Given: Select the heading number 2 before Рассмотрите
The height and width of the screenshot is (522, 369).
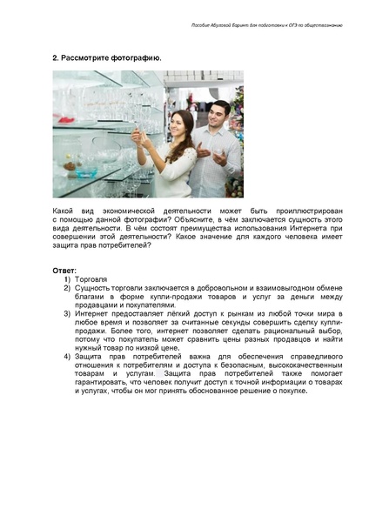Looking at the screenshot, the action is [55, 57].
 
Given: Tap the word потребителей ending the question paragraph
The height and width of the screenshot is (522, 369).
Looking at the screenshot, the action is [129, 245].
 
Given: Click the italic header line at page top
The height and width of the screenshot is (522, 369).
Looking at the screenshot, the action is [265, 26].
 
